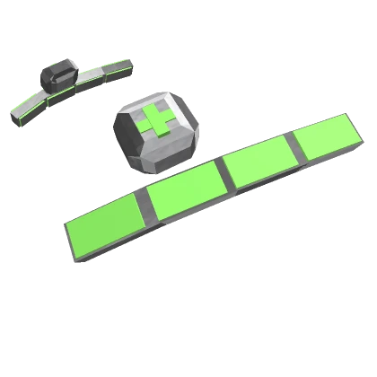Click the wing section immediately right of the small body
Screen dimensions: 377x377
click(x=90, y=75)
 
